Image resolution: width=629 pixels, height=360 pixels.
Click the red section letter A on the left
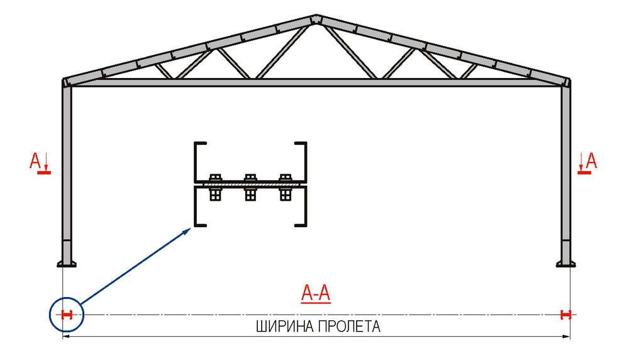36,160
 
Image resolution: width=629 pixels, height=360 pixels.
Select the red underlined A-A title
316,293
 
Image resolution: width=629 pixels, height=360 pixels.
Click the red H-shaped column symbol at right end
566,315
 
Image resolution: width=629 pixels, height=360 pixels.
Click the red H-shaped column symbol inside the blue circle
67,315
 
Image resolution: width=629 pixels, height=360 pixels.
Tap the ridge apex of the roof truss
314,18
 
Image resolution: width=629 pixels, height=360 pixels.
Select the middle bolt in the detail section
250,186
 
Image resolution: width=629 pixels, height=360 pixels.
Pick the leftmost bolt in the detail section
214,186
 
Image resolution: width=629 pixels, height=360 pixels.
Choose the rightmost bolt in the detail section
286,186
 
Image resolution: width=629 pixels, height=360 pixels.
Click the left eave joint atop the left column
66,82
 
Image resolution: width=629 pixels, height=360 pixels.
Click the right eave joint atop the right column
567,82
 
